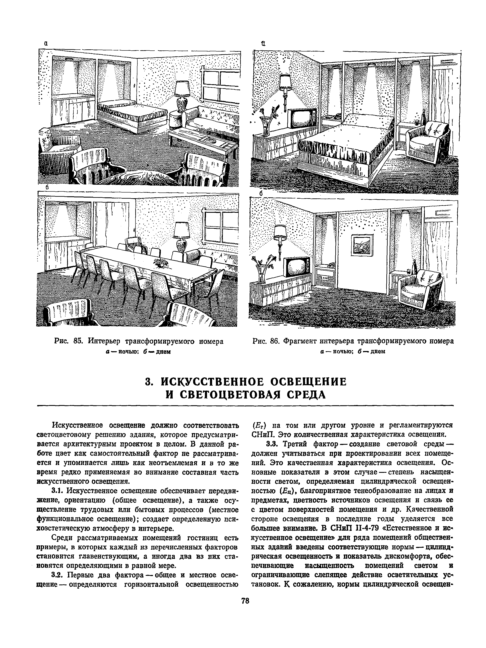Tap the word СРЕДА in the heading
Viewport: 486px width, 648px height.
[306, 395]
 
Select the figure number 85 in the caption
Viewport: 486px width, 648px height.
[78, 342]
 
